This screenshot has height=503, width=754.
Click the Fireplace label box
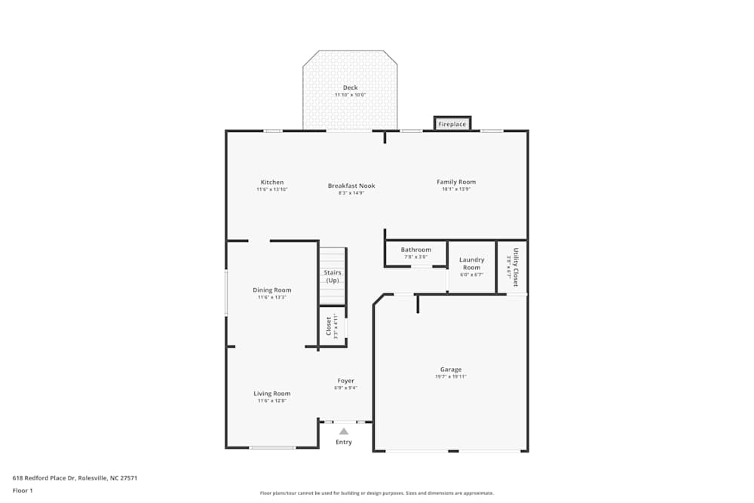[452, 124]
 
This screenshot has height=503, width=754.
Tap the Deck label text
[350, 87]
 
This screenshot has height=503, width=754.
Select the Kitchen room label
[272, 182]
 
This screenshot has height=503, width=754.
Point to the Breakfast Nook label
[351, 186]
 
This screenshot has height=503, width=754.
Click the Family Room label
[456, 182]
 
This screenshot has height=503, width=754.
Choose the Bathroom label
[416, 250]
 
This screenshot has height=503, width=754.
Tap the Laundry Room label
[472, 263]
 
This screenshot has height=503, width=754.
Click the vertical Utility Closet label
[516, 267]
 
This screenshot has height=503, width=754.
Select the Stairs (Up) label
[333, 276]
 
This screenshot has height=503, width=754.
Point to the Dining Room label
[271, 290]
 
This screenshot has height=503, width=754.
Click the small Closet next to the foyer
[329, 326]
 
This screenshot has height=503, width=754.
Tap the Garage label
[451, 370]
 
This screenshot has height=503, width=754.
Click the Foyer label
[345, 381]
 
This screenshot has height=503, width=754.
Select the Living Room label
[271, 394]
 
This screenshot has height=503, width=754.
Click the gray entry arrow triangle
[344, 431]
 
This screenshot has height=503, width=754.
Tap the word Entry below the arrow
[344, 442]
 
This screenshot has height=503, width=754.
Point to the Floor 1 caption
[23, 490]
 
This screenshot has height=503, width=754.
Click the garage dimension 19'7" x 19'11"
[451, 376]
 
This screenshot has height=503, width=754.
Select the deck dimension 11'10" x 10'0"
[350, 95]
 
